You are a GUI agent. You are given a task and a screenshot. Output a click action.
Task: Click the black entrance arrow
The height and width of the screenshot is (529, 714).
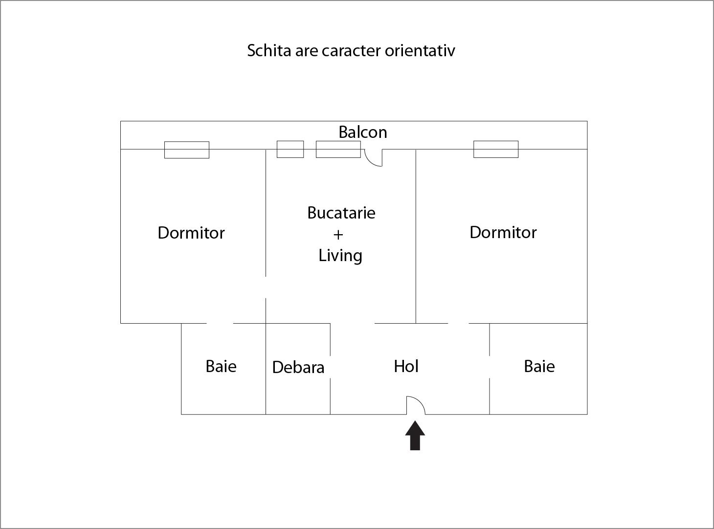pos(415,435)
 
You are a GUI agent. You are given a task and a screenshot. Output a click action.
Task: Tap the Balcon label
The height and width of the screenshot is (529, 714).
pos(363,132)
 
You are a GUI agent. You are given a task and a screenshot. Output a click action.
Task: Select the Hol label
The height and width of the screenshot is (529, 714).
pos(406,366)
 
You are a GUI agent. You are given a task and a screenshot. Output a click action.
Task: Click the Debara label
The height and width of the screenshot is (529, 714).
pos(298,367)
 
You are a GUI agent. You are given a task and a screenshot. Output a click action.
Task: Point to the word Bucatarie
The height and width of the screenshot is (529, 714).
pos(341,213)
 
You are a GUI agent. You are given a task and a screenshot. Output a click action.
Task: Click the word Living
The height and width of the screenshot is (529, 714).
pos(340,256)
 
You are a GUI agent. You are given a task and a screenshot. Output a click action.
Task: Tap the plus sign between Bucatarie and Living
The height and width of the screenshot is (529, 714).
pos(338,235)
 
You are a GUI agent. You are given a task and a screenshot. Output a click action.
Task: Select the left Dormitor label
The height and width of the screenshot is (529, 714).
pos(191,233)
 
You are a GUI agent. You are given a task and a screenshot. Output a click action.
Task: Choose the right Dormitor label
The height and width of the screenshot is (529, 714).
pos(503,232)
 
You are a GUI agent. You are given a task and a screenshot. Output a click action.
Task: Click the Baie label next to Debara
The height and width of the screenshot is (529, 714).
pos(221,366)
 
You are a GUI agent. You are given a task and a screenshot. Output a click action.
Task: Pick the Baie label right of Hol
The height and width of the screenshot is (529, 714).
pos(539,366)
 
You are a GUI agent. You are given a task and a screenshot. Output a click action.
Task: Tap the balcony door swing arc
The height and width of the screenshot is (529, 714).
pos(370,162)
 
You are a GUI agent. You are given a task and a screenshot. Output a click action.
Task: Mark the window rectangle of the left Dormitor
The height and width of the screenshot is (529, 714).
pos(187,150)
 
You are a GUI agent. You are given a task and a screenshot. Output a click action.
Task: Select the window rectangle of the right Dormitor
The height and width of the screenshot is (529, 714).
pos(496,150)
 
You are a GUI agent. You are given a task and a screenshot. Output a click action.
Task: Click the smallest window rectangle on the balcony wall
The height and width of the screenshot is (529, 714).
pos(290,150)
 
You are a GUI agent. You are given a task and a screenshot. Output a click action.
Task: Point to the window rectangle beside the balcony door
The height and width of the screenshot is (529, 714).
pos(338,150)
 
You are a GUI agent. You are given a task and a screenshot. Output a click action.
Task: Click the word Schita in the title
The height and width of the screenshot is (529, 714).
pos(269,50)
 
